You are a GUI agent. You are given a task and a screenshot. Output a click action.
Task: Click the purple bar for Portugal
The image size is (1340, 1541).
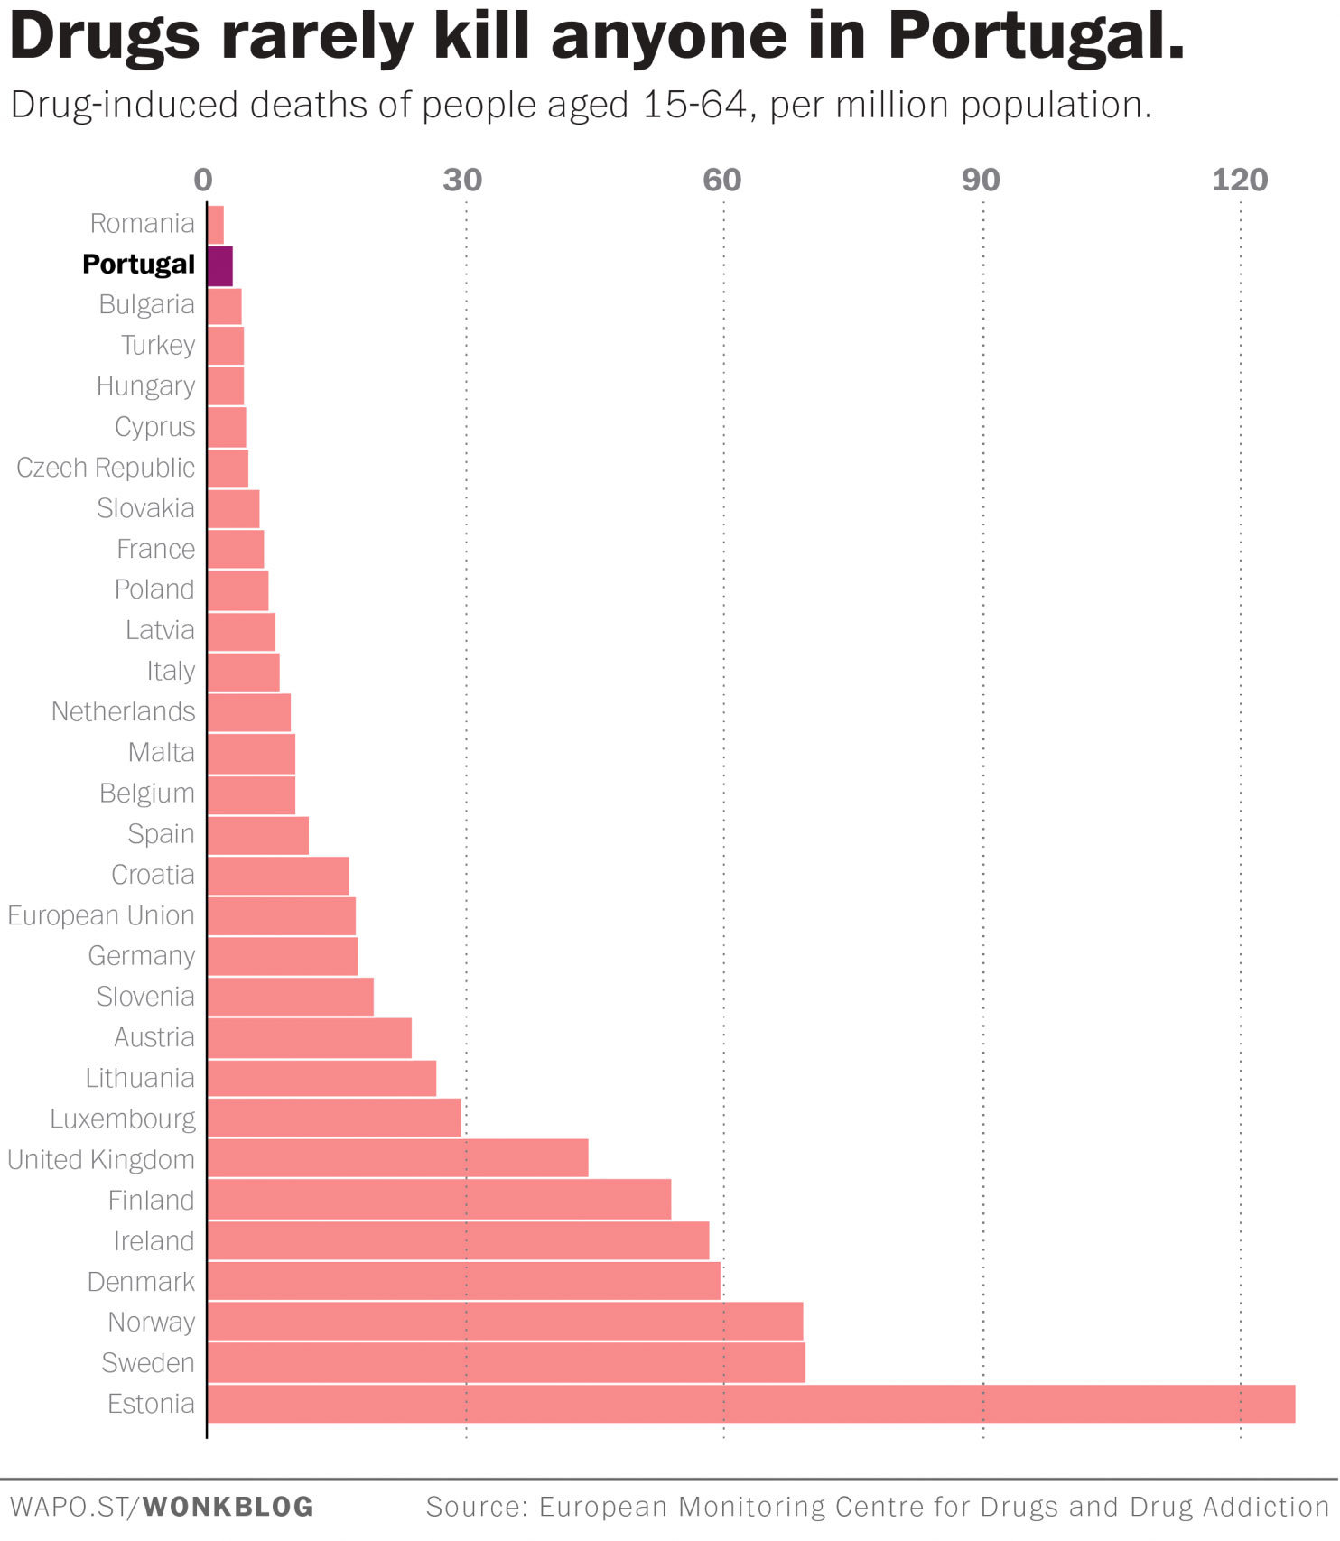pyautogui.click(x=220, y=265)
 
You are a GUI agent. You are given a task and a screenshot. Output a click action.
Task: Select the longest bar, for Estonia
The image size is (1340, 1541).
pyautogui.click(x=749, y=1404)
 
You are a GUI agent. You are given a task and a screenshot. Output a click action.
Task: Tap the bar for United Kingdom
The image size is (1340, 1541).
pyautogui.click(x=397, y=1159)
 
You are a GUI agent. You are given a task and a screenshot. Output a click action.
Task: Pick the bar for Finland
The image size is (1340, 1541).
pyautogui.click(x=439, y=1200)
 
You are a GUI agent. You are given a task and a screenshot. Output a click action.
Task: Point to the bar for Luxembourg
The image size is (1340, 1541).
pyautogui.click(x=334, y=1119)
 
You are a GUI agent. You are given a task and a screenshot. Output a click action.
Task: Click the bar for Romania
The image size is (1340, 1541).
pyautogui.click(x=216, y=224)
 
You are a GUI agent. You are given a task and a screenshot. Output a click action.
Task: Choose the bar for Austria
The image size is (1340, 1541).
pyautogui.click(x=310, y=1037)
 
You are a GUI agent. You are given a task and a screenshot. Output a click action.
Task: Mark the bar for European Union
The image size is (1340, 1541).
pyautogui.click(x=282, y=915)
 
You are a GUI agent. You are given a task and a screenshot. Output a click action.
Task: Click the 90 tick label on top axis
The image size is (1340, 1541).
pyautogui.click(x=981, y=181)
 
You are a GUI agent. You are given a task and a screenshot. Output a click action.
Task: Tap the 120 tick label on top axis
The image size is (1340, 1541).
pyautogui.click(x=1239, y=181)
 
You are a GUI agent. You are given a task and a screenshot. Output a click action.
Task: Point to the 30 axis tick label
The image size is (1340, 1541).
pyautogui.click(x=462, y=181)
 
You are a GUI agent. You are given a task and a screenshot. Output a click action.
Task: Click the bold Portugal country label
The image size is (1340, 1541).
pyautogui.click(x=138, y=265)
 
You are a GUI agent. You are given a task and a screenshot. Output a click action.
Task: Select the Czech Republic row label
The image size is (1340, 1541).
pyautogui.click(x=106, y=468)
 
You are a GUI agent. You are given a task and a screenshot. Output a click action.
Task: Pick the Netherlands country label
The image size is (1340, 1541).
pyautogui.click(x=123, y=711)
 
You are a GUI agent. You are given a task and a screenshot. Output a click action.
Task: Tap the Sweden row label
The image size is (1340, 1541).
pyautogui.click(x=148, y=1363)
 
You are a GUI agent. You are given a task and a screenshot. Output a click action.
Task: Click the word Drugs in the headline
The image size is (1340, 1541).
pyautogui.click(x=105, y=36)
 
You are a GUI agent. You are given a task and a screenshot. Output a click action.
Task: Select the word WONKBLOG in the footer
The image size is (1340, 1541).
pyautogui.click(x=228, y=1507)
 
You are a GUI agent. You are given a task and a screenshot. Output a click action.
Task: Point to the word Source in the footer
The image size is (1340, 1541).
pyautogui.click(x=475, y=1507)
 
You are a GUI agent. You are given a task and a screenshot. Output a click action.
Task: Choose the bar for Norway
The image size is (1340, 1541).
pyautogui.click(x=505, y=1322)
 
